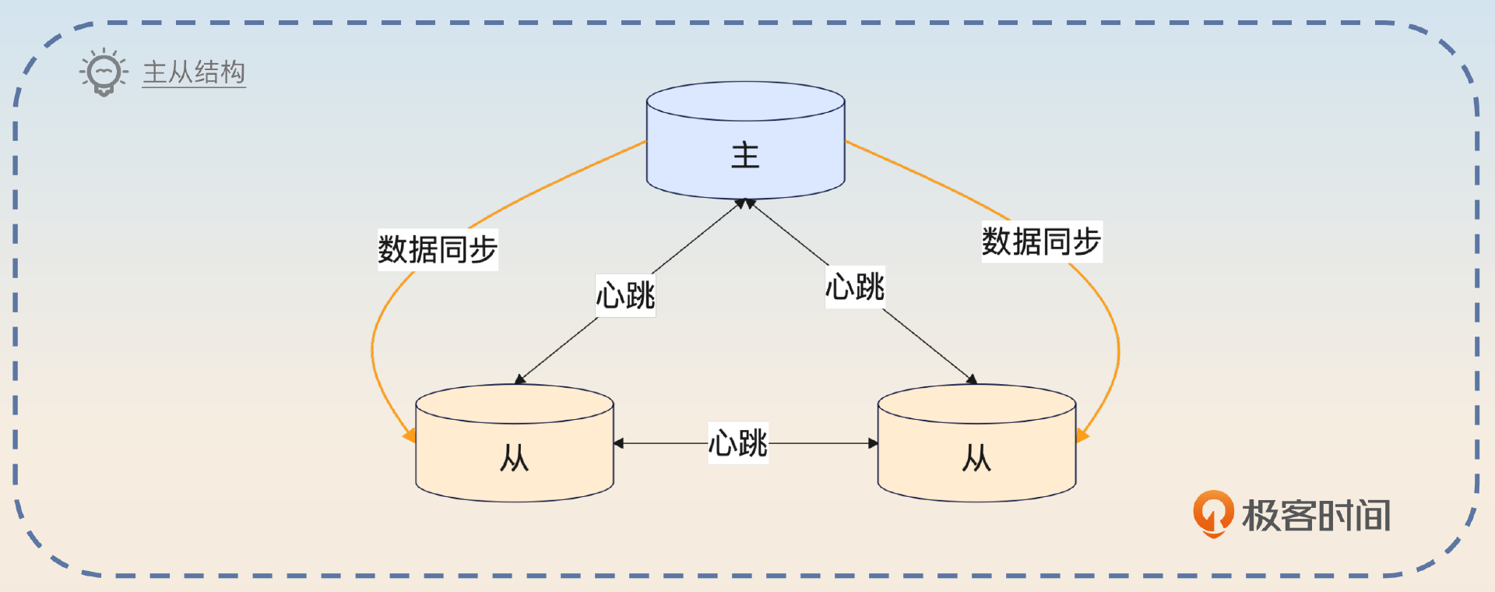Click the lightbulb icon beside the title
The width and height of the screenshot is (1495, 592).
(x=104, y=72)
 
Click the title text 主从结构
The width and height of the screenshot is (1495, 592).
(x=194, y=72)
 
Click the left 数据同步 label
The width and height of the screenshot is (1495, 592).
(x=438, y=250)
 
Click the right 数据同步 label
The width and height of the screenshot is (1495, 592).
(x=1041, y=241)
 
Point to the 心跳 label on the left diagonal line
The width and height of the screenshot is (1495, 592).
(x=625, y=295)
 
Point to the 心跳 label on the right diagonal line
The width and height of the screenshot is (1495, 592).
(x=855, y=287)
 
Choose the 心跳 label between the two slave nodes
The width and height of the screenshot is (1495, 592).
(x=737, y=443)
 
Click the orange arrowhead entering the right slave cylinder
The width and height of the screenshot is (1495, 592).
(x=1082, y=435)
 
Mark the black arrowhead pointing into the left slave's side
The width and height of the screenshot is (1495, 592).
(x=618, y=443)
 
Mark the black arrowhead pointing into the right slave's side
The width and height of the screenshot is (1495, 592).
(x=873, y=443)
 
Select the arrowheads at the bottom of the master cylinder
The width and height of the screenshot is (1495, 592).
(x=745, y=203)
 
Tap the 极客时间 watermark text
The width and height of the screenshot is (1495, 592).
(x=1316, y=516)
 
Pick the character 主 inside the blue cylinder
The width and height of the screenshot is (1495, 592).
(x=745, y=155)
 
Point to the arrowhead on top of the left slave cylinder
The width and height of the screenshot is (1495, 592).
(x=520, y=379)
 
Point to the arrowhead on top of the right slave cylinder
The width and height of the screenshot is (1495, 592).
(x=971, y=379)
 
